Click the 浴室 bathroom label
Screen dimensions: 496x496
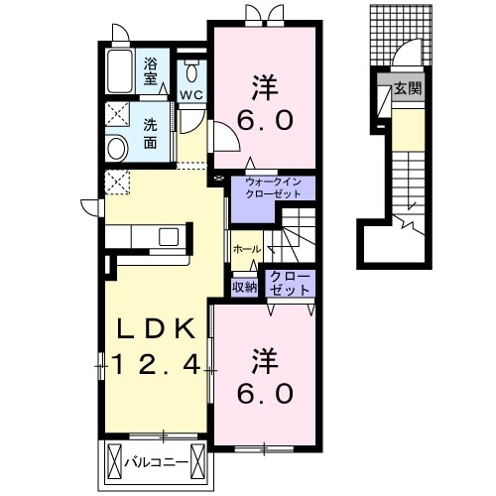[151, 71]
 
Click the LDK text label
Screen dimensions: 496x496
[153, 330]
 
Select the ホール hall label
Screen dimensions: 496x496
[245, 249]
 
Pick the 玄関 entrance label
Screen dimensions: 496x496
[407, 88]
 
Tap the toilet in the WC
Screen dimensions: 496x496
[190, 71]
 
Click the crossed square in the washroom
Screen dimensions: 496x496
[117, 112]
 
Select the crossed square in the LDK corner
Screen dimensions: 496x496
[117, 182]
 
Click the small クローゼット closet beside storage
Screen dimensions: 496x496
[289, 282]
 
